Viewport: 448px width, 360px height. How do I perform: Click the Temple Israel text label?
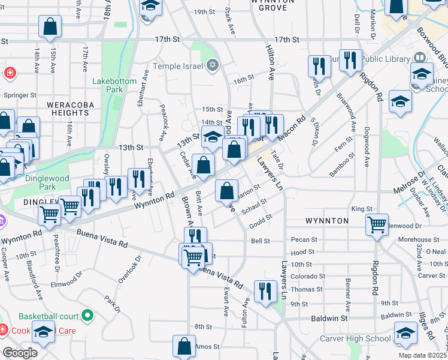[178, 65]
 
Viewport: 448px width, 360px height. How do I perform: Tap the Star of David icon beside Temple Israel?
[212, 65]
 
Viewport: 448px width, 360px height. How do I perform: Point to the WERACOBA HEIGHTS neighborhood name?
[66, 108]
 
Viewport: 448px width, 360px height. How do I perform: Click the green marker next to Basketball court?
[88, 315]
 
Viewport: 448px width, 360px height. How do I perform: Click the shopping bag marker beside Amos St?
[184, 346]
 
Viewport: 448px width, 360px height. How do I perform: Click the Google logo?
[19, 352]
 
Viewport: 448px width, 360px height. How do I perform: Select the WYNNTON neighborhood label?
[327, 221]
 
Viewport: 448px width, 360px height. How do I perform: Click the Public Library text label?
[383, 58]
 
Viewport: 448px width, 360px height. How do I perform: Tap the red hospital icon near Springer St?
[10, 74]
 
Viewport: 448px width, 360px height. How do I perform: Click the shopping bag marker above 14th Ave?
[50, 26]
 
